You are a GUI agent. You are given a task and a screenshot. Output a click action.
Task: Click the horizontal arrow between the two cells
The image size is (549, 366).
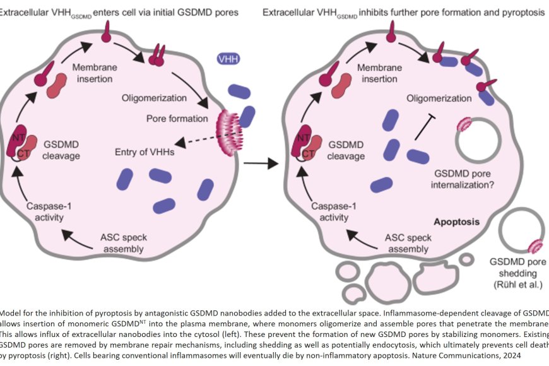click(261, 165)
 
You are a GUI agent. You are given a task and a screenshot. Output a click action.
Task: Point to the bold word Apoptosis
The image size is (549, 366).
click(456, 222)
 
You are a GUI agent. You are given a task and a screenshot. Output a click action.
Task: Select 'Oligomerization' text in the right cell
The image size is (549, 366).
click(439, 99)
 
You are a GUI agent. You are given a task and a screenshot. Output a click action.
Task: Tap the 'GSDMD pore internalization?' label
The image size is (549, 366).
click(463, 179)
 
